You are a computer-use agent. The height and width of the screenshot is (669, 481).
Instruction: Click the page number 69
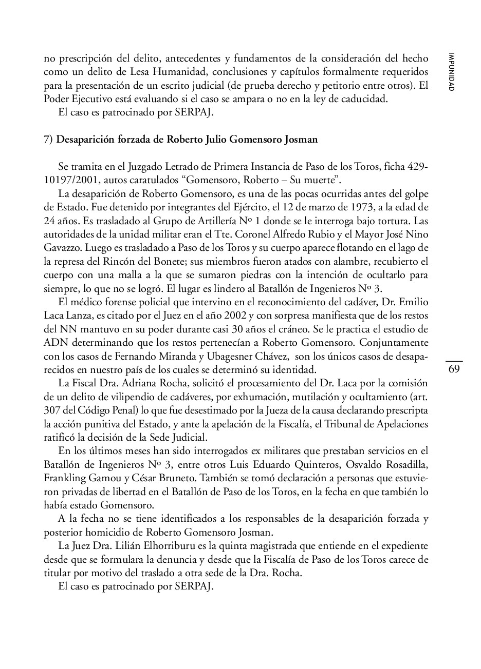454,369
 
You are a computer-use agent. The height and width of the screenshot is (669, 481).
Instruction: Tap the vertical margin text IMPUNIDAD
451,72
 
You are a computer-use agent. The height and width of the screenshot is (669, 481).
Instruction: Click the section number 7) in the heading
49,140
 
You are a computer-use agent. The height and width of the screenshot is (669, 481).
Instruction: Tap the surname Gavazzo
62,247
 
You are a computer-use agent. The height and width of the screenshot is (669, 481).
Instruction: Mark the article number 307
52,410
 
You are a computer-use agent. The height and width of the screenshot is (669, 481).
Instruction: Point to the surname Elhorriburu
160,545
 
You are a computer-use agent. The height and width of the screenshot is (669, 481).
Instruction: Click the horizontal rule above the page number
454,361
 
